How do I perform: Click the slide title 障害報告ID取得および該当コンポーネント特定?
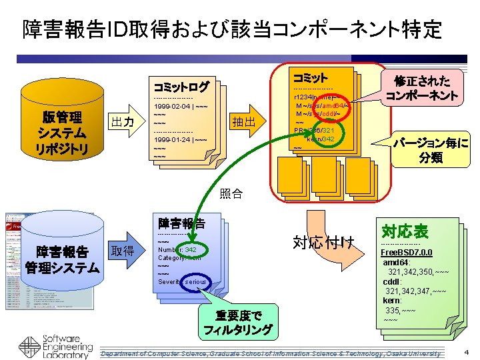pyautogui.click(x=232, y=29)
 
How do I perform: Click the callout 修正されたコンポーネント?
pyautogui.click(x=422, y=88)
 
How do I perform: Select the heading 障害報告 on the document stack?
pyautogui.click(x=181, y=222)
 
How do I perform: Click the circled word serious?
pyautogui.click(x=196, y=281)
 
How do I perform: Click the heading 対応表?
pyautogui.click(x=405, y=231)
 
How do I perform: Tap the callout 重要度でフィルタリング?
pyautogui.click(x=237, y=322)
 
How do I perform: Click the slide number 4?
pyautogui.click(x=466, y=351)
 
